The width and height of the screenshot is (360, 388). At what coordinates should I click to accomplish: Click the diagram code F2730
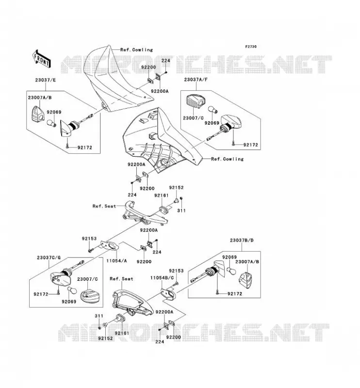[x=251, y=47]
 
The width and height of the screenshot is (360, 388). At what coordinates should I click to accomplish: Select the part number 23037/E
[x=46, y=80]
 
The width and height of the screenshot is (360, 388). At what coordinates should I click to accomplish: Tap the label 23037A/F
[x=196, y=80]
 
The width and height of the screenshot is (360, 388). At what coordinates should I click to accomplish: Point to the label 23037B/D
[x=242, y=240]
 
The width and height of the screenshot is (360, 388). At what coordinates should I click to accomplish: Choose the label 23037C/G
[x=49, y=258]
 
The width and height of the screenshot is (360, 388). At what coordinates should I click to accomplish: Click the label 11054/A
[x=116, y=260]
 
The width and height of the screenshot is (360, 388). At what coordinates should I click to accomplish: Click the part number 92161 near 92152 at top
[x=162, y=195]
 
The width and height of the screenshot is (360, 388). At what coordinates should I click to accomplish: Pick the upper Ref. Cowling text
[x=137, y=50]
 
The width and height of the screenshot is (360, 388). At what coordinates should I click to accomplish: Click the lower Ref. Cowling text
[x=227, y=159]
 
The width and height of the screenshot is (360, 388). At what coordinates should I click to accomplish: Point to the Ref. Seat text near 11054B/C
[x=121, y=279]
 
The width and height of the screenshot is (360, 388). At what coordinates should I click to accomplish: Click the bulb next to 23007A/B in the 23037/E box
[x=51, y=122]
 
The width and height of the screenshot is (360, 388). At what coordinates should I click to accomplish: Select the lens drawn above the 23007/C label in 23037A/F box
[x=196, y=101]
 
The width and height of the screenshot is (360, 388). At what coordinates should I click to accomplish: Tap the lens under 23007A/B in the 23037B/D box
[x=245, y=280]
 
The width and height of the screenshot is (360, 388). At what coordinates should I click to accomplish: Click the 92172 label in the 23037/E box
[x=85, y=147]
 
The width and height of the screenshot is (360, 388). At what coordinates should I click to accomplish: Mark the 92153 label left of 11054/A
[x=89, y=239]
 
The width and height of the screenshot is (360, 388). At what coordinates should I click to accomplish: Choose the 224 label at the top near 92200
[x=165, y=61]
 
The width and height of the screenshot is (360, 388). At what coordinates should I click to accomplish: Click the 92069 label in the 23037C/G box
[x=69, y=302]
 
